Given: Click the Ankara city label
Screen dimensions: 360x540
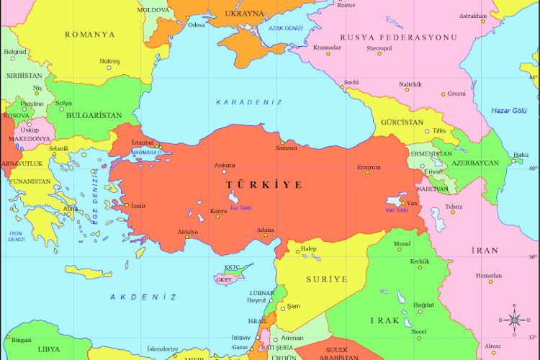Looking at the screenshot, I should coord(225,165).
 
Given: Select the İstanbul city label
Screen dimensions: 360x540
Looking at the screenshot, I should coord(143,143).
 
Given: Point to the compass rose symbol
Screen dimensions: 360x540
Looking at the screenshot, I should coord(514,319).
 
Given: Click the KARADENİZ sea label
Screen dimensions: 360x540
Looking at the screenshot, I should coord(249,102).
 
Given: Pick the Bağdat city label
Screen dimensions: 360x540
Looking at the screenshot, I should coord(424,305).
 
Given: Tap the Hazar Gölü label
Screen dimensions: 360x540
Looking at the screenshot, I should coord(509,110).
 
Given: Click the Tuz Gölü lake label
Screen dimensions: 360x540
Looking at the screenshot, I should coord(240,207).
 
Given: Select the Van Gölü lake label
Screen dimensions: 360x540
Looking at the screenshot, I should coord(397,210).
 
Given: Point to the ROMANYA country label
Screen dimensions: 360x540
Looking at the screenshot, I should coord(90,34).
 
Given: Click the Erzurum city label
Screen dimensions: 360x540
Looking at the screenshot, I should coord(368,167).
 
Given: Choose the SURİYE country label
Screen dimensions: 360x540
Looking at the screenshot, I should coord(326,279).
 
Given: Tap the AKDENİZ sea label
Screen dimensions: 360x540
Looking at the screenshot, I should coord(143,297).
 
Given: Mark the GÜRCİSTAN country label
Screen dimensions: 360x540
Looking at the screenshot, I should coord(402,122).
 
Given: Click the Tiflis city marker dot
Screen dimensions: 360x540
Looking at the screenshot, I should coord(427,131).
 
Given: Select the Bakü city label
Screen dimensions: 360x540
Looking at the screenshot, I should coord(521,154).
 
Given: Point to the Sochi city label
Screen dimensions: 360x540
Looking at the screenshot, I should coord(351,82).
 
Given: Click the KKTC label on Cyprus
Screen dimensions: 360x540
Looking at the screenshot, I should coord(232,267).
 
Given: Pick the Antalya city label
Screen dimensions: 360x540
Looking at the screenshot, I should coord(187,231).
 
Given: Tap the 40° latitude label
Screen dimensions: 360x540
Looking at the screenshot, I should coord(533,168).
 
